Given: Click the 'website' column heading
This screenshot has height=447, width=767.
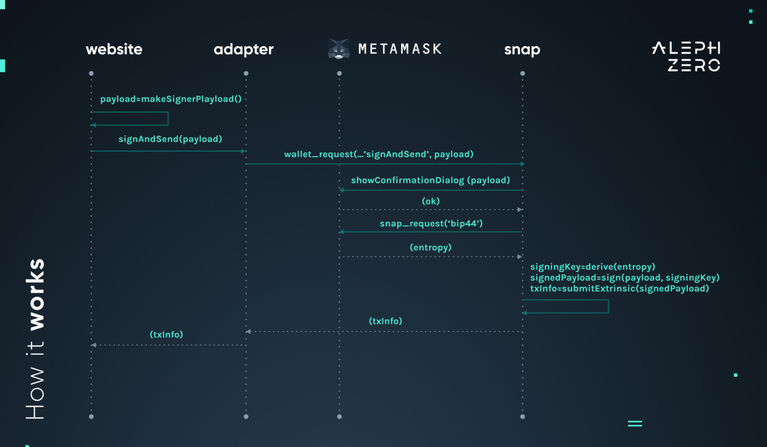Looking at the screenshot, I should click(114, 49).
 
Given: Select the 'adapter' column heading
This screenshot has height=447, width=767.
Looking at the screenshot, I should click(244, 49).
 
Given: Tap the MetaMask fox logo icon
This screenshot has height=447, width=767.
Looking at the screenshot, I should click(339, 49).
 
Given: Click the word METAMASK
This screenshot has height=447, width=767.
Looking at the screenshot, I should click(400, 49).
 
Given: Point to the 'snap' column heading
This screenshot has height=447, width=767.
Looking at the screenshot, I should click(522, 49).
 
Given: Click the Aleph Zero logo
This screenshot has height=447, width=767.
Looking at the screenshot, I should click(686, 56).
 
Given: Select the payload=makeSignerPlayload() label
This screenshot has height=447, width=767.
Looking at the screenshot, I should click(171, 99).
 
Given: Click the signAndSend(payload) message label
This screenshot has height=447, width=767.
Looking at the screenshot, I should click(170, 139).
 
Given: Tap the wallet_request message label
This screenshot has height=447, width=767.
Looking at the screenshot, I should click(379, 154).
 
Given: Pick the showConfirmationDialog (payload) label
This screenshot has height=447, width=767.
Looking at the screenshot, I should click(430, 180).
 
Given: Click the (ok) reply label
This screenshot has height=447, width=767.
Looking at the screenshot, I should click(431, 201).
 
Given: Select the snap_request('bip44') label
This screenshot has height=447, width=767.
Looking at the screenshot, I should click(431, 223).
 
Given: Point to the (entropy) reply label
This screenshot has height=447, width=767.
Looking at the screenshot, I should click(430, 247).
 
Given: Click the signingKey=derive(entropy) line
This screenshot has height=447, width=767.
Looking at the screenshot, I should click(592, 267).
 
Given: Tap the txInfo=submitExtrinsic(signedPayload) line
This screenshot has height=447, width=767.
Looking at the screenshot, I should click(619, 288).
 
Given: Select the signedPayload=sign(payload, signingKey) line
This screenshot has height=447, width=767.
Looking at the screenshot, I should click(625, 278).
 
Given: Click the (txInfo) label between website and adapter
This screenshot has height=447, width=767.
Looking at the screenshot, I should click(166, 334).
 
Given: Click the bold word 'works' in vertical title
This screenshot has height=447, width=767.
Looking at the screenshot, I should click(35, 294).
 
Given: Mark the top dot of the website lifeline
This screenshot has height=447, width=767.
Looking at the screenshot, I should click(91, 73).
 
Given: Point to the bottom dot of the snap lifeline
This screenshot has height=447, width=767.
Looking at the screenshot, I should click(522, 417).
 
